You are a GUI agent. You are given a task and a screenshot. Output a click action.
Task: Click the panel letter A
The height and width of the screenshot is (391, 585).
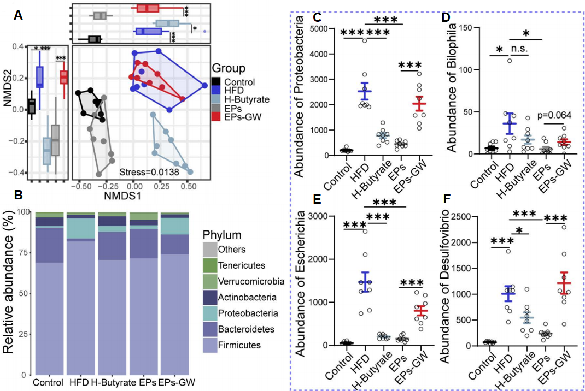(x=18, y=16)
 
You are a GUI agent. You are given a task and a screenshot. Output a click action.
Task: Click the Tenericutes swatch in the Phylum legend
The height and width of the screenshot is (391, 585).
(x=210, y=265)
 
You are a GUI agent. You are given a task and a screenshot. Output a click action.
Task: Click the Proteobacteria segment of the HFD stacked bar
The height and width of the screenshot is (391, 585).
(x=80, y=228)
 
